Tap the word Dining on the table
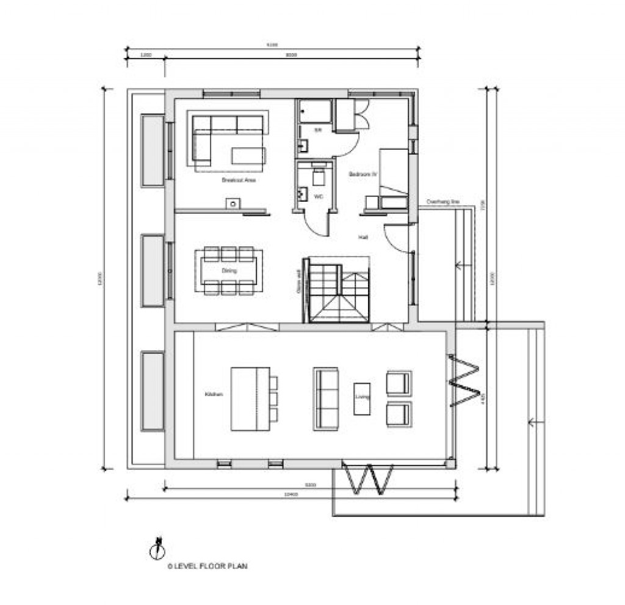(229, 270)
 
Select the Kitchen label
(214, 395)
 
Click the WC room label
(318, 196)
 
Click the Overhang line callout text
(443, 201)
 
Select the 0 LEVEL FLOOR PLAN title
(208, 566)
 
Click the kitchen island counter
(250, 398)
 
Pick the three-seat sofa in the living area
(325, 398)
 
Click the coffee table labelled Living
(363, 398)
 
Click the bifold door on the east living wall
(464, 380)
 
